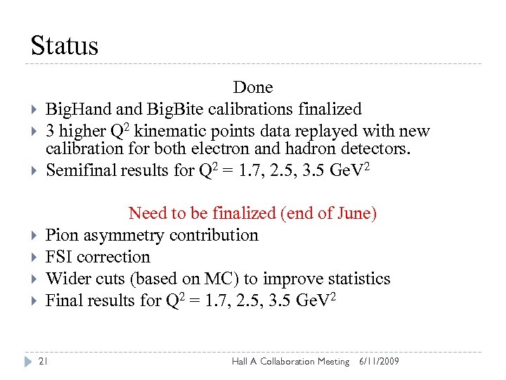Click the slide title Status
pyautogui.click(x=65, y=46)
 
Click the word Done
pyautogui.click(x=253, y=87)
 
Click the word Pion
pyautogui.click(x=62, y=235)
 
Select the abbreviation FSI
pyautogui.click(x=59, y=257)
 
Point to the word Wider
pyautogui.click(x=67, y=279)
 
